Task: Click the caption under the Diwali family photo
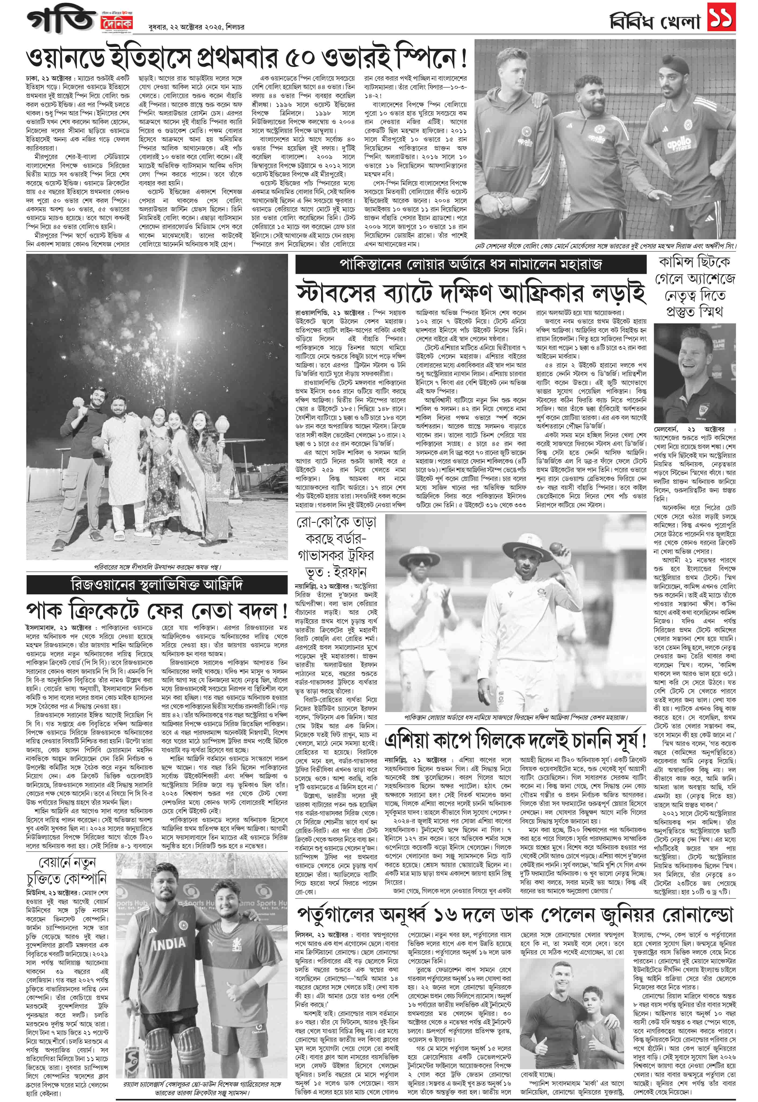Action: pyautogui.click(x=157, y=566)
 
